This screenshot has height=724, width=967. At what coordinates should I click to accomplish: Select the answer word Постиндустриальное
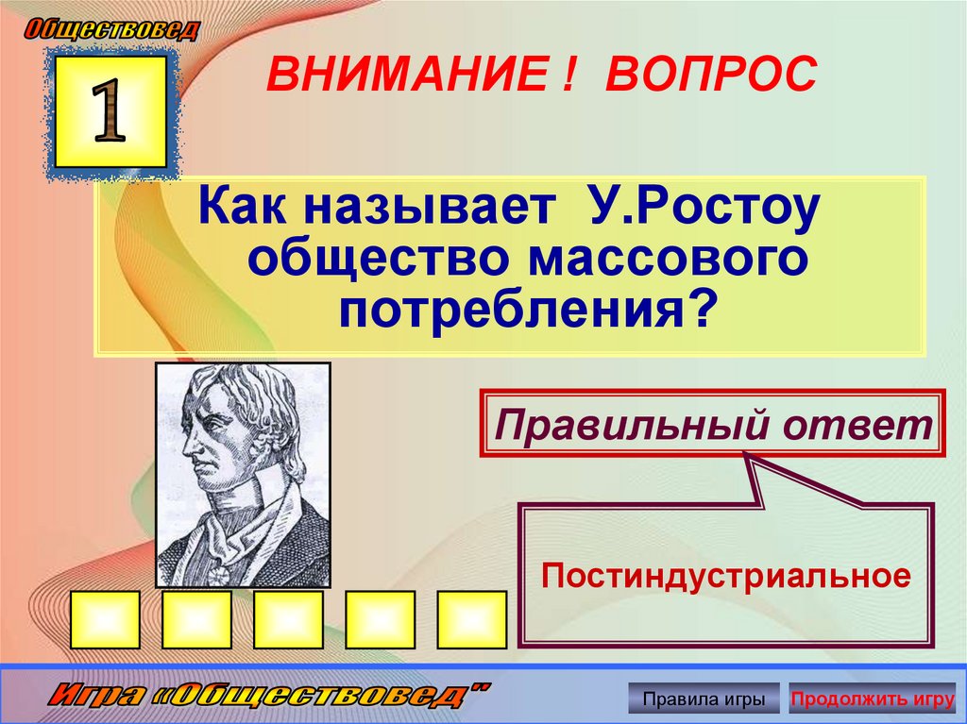[x=726, y=575]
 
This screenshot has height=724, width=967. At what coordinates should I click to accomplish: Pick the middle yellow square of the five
[x=288, y=620]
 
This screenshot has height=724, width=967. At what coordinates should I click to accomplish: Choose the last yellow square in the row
[x=471, y=620]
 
